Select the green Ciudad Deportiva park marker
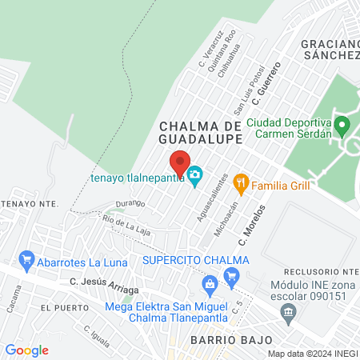tap(342, 125)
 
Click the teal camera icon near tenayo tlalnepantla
tap(195, 174)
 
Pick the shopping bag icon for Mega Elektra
tap(210, 282)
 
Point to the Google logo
tap(27, 350)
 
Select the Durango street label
tap(129, 203)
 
